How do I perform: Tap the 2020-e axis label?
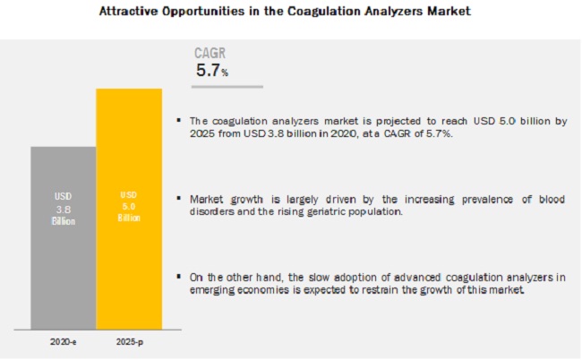63,341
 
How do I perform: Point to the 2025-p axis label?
128,341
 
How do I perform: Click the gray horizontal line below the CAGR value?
229,87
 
